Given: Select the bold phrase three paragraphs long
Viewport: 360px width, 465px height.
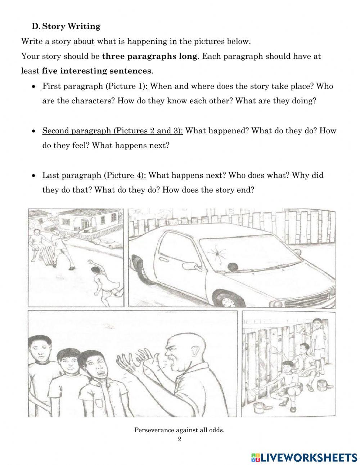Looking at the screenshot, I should tap(150, 56).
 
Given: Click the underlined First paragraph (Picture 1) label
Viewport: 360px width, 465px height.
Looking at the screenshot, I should tap(95, 86).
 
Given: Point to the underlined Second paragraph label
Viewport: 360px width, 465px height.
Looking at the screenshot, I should tap(112, 130).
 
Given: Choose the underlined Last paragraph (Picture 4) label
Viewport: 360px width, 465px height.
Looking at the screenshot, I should tap(94, 175).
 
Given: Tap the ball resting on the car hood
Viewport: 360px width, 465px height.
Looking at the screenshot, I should tap(233, 267).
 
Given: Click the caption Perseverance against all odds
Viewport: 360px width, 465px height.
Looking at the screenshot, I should tap(179, 430).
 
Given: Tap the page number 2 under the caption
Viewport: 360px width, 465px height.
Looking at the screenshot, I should tap(179, 439).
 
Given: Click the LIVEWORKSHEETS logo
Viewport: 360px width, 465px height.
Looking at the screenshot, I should tap(305, 457).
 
